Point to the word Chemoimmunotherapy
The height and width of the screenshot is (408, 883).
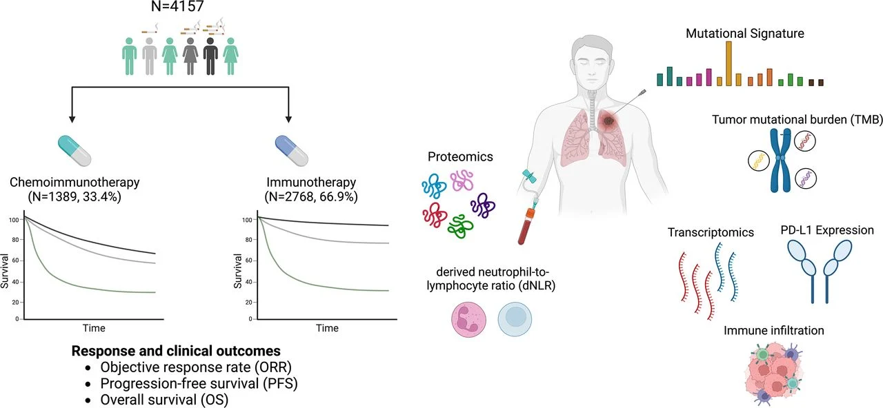75,183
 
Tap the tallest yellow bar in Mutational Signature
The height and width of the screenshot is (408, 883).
728,63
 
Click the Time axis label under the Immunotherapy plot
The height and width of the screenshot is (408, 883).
326,328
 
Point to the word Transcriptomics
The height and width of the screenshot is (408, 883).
711,233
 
